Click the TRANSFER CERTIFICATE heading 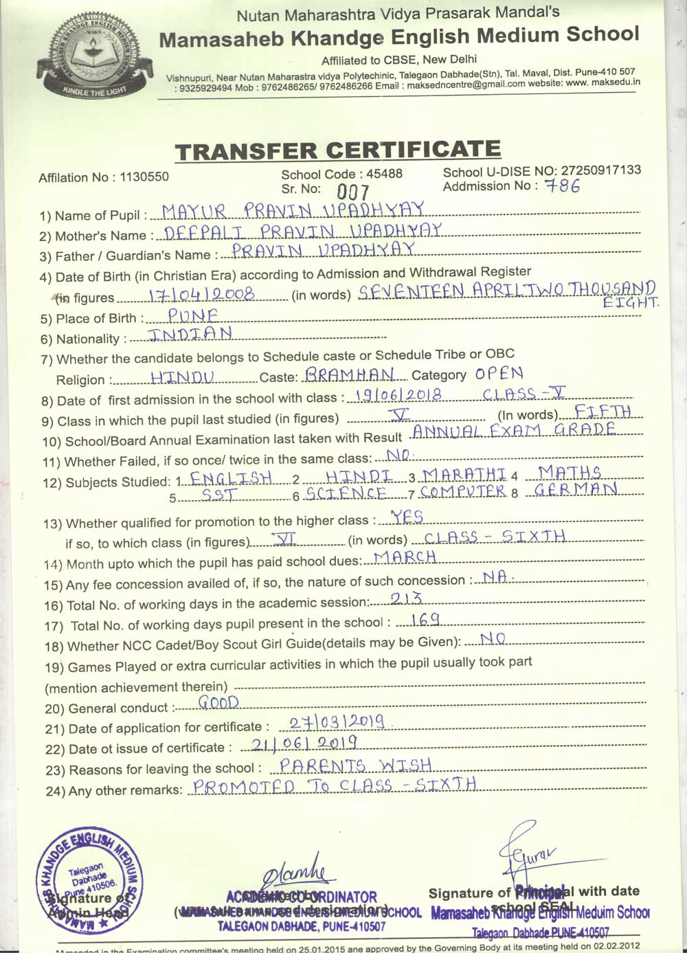(337, 150)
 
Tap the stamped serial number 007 (353, 192)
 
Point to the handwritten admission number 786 (561, 186)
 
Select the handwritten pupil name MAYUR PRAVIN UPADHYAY (293, 210)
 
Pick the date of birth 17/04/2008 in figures (202, 294)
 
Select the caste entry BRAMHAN (350, 374)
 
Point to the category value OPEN (499, 374)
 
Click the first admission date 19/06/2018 (394, 394)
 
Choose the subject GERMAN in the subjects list (576, 490)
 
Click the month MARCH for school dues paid (405, 557)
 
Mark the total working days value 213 (406, 598)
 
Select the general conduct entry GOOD (218, 702)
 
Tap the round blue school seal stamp (90, 882)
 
